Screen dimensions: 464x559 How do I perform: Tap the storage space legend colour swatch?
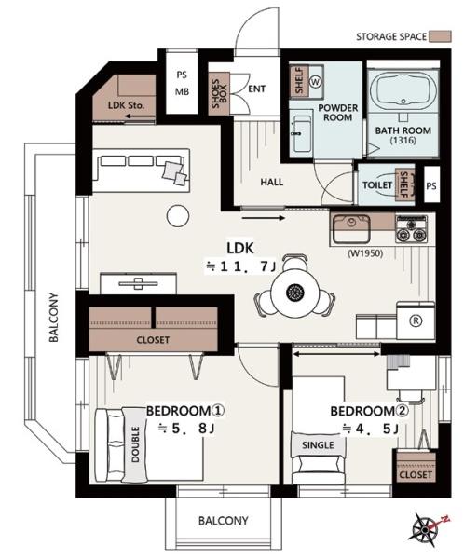[440, 36]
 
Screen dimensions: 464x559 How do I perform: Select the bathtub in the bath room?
[403, 91]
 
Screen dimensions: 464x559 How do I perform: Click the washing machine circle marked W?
[315, 82]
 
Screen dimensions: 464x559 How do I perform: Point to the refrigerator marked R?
[416, 320]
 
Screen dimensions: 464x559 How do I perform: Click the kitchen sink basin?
[351, 228]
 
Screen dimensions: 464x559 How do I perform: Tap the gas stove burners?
[412, 228]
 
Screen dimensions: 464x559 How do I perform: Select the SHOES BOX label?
[219, 94]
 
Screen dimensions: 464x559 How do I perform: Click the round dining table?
[294, 293]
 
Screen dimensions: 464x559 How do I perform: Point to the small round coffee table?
[178, 216]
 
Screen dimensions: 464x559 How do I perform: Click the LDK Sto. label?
[126, 105]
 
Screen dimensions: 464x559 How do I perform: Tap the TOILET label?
[377, 185]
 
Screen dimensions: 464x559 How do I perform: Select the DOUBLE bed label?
[135, 444]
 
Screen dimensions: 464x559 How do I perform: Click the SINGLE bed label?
[318, 445]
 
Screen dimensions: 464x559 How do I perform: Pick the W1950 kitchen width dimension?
[365, 253]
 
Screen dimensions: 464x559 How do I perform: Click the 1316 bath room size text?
[403, 140]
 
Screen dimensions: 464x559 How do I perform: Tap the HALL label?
[271, 183]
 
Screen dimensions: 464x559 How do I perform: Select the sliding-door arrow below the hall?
[263, 218]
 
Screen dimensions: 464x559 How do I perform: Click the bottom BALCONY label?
[223, 521]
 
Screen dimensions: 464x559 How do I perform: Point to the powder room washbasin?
[301, 131]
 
